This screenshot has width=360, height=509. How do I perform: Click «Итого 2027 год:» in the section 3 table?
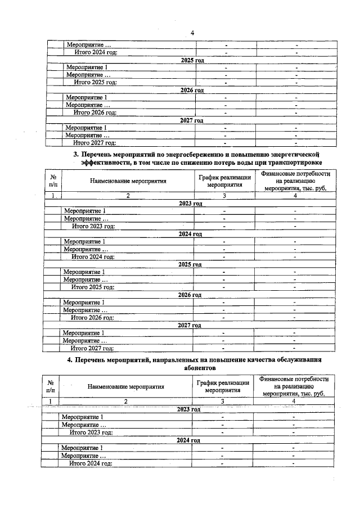click(92, 348)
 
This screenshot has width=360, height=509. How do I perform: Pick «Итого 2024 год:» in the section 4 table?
click(91, 463)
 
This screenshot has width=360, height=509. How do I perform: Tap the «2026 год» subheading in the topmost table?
click(192, 90)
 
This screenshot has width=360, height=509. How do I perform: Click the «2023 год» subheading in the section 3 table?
click(190, 204)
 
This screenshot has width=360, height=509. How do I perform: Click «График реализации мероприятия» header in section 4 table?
click(222, 386)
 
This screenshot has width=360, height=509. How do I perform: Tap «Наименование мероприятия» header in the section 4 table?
click(126, 386)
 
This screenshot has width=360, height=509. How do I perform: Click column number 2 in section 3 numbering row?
click(128, 196)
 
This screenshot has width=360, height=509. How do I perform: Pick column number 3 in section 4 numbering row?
click(222, 401)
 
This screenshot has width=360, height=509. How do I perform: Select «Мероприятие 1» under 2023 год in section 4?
click(82, 417)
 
